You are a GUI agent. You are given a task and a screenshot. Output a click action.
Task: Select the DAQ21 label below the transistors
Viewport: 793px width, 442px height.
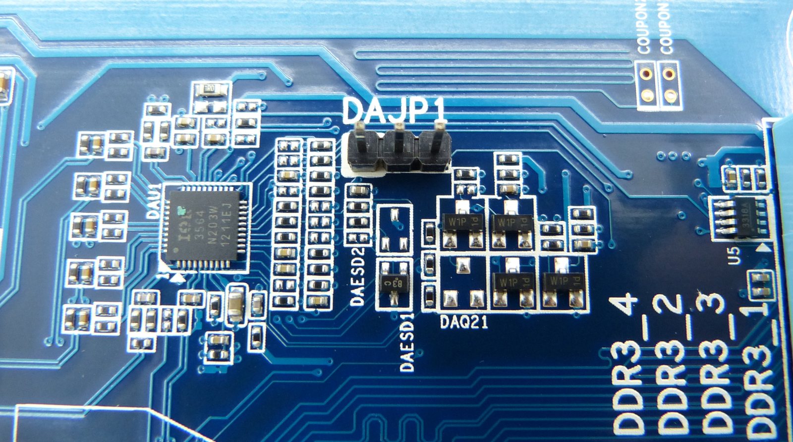(464, 323)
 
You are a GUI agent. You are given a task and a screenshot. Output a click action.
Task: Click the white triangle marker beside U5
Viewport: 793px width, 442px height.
(764, 246)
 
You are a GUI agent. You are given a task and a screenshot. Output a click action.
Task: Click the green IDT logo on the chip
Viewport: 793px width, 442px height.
(181, 211)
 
